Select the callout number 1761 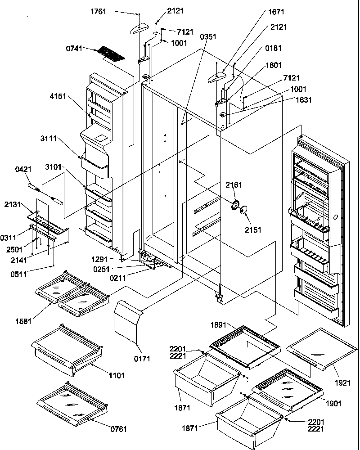(x=98, y=11)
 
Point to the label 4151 (x=60, y=96)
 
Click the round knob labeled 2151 (x=244, y=210)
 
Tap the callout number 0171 (x=142, y=359)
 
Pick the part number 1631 (x=301, y=100)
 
